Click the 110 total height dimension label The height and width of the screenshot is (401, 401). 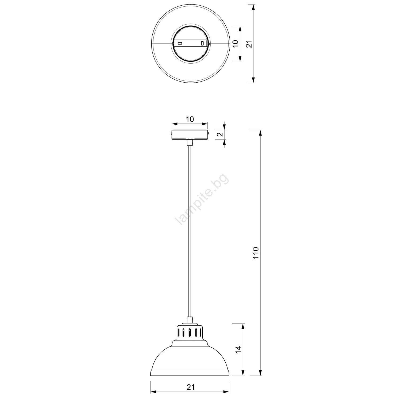[x=256, y=253]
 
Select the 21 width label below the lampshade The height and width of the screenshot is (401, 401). [x=190, y=387]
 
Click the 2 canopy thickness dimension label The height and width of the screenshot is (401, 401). [x=220, y=134]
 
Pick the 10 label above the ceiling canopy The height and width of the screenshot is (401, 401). [x=190, y=119]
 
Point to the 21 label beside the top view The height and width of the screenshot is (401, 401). [x=249, y=44]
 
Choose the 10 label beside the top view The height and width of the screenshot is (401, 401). [x=235, y=44]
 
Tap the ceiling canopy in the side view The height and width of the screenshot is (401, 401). [x=190, y=134]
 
